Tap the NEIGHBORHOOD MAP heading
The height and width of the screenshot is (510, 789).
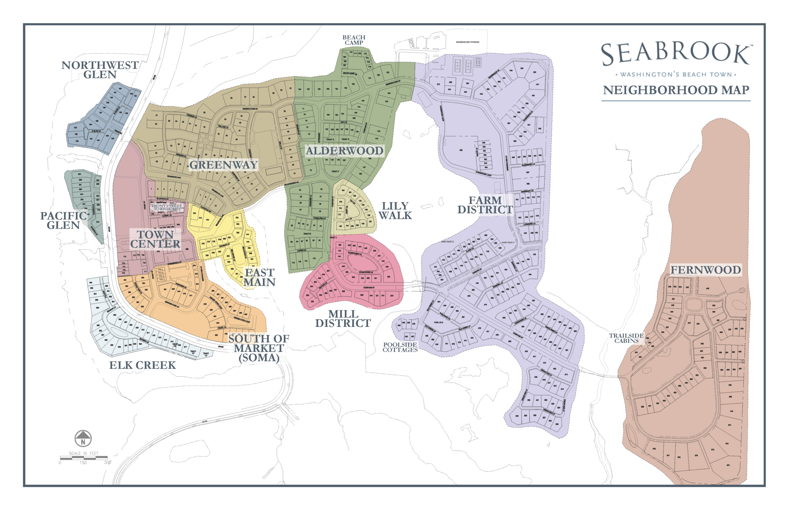tap(676, 90)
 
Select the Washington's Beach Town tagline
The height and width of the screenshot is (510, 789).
tap(676, 74)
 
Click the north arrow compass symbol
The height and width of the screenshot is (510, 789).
tap(83, 438)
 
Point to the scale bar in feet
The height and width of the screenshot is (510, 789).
tap(84, 458)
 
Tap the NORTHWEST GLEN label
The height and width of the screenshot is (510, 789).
tap(100, 70)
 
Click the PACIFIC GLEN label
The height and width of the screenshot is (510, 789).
tap(64, 220)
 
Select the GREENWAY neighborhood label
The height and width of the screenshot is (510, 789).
tap(223, 165)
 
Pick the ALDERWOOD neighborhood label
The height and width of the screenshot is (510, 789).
tap(344, 150)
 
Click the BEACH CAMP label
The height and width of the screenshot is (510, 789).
tap(354, 40)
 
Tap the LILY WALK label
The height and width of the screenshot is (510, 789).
tap(395, 211)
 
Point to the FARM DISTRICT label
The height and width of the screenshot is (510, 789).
tap(485, 205)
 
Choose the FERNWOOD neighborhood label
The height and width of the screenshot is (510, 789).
tap(705, 270)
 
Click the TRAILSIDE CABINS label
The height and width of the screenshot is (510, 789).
tap(626, 338)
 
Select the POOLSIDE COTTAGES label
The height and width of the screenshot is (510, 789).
tap(400, 347)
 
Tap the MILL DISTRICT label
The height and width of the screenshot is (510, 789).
tap(343, 319)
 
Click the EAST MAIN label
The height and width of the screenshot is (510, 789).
tap(259, 277)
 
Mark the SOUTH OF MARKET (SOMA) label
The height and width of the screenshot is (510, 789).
tap(259, 348)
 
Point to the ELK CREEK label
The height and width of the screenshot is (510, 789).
tap(142, 365)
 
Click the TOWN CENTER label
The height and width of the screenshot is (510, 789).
tap(155, 239)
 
